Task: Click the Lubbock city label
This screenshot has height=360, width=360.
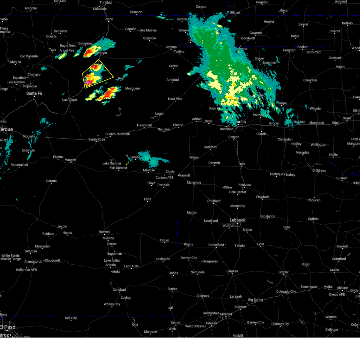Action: point(238,220)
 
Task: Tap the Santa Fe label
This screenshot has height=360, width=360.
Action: point(34,93)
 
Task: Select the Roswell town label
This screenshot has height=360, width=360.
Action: point(104,232)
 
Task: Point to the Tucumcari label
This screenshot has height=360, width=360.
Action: point(144,125)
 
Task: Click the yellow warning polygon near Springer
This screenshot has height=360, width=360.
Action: point(97,74)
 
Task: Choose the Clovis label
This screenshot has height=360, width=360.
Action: point(170,172)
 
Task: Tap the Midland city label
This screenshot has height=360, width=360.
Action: point(226,314)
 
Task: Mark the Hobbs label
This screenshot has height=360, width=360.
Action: point(173,273)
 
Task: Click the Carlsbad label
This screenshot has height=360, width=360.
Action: point(119,289)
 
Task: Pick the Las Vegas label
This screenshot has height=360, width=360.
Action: point(70,100)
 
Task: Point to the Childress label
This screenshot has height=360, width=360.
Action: point(319,170)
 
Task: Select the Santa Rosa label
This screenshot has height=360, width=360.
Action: point(97,139)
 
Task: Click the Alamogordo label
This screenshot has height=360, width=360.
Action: point(33,262)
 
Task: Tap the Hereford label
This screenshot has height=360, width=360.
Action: point(210,147)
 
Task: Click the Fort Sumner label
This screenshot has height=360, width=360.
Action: point(118,168)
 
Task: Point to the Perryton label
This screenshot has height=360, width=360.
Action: point(289,50)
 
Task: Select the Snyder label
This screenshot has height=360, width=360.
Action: point(283,272)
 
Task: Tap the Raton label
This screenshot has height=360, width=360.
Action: point(109,19)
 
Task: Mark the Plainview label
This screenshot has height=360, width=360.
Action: point(244,185)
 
